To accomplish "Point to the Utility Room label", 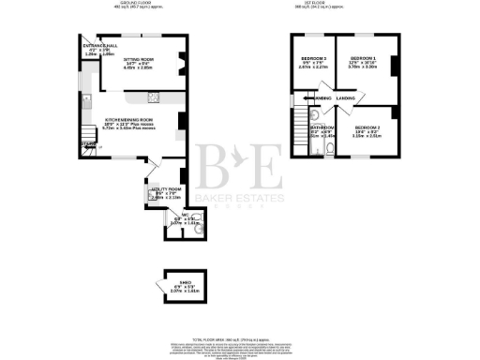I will click(x=162, y=189).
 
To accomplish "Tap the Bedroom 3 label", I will click(x=312, y=60).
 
